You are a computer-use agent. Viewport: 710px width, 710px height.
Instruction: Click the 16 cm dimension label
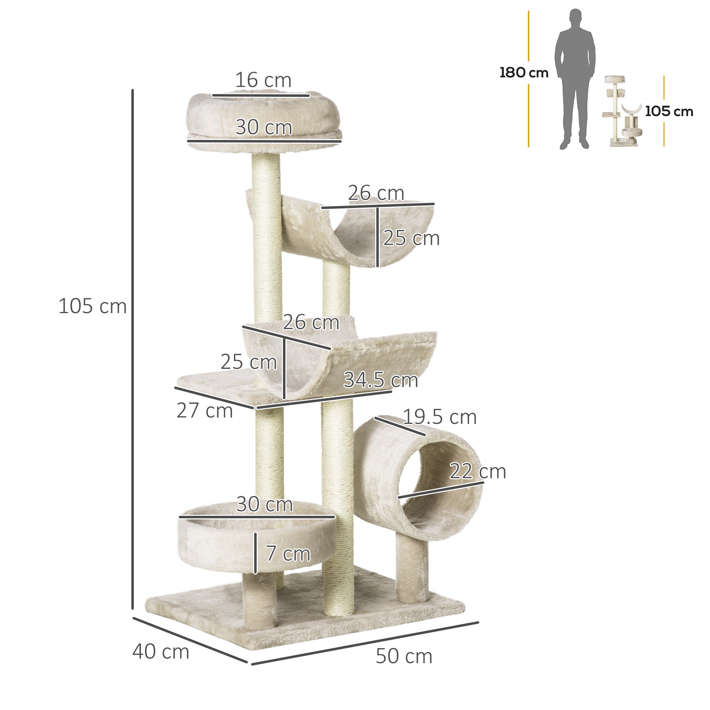[263, 81]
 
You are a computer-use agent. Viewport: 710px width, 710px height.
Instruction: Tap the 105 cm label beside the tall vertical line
[93, 306]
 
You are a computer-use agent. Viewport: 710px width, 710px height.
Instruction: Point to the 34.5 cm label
[381, 380]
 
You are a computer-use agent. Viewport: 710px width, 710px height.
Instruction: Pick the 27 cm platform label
[205, 410]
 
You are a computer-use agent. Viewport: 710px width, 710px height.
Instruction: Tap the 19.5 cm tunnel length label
[439, 417]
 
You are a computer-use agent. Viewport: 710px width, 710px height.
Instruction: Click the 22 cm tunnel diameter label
[477, 471]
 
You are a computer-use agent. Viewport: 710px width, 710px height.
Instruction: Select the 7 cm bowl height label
[288, 554]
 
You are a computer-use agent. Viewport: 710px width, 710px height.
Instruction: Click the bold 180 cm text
[524, 73]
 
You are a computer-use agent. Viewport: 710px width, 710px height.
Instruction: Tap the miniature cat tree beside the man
[622, 112]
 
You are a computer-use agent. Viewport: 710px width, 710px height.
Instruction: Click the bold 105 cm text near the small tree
[669, 111]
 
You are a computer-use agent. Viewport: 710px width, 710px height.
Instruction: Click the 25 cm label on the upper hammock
[411, 239]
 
